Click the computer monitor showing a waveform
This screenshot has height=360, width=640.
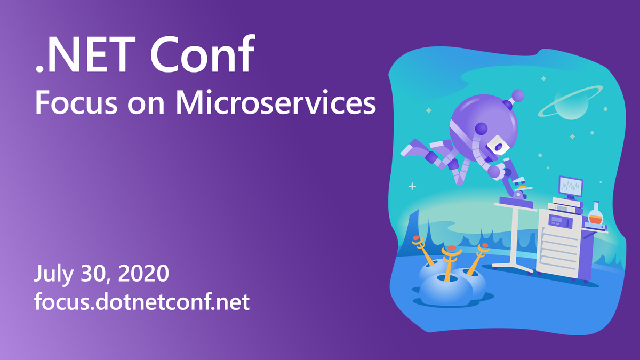pos(571,187)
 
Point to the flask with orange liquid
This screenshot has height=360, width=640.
pos(595,214)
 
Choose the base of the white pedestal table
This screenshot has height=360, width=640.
pos(513,267)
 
